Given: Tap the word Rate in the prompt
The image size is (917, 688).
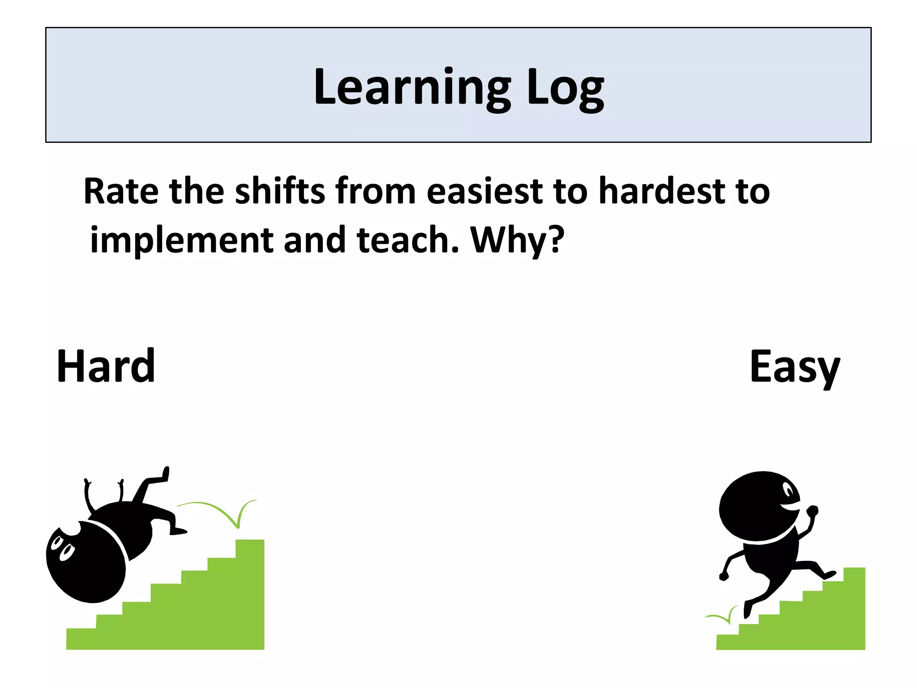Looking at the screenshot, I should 121,192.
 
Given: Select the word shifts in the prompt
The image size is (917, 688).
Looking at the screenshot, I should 280,192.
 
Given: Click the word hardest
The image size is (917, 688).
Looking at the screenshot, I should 662,192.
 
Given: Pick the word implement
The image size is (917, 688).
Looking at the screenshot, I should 181,241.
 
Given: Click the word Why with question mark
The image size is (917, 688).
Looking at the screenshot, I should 517,241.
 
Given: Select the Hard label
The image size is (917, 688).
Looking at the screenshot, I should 106,366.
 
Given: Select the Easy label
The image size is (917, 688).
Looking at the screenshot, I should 795,367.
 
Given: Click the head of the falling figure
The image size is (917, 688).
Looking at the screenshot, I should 85,562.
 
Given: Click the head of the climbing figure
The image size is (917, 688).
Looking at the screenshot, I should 759,506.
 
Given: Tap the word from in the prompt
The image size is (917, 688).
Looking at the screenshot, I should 376,192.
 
